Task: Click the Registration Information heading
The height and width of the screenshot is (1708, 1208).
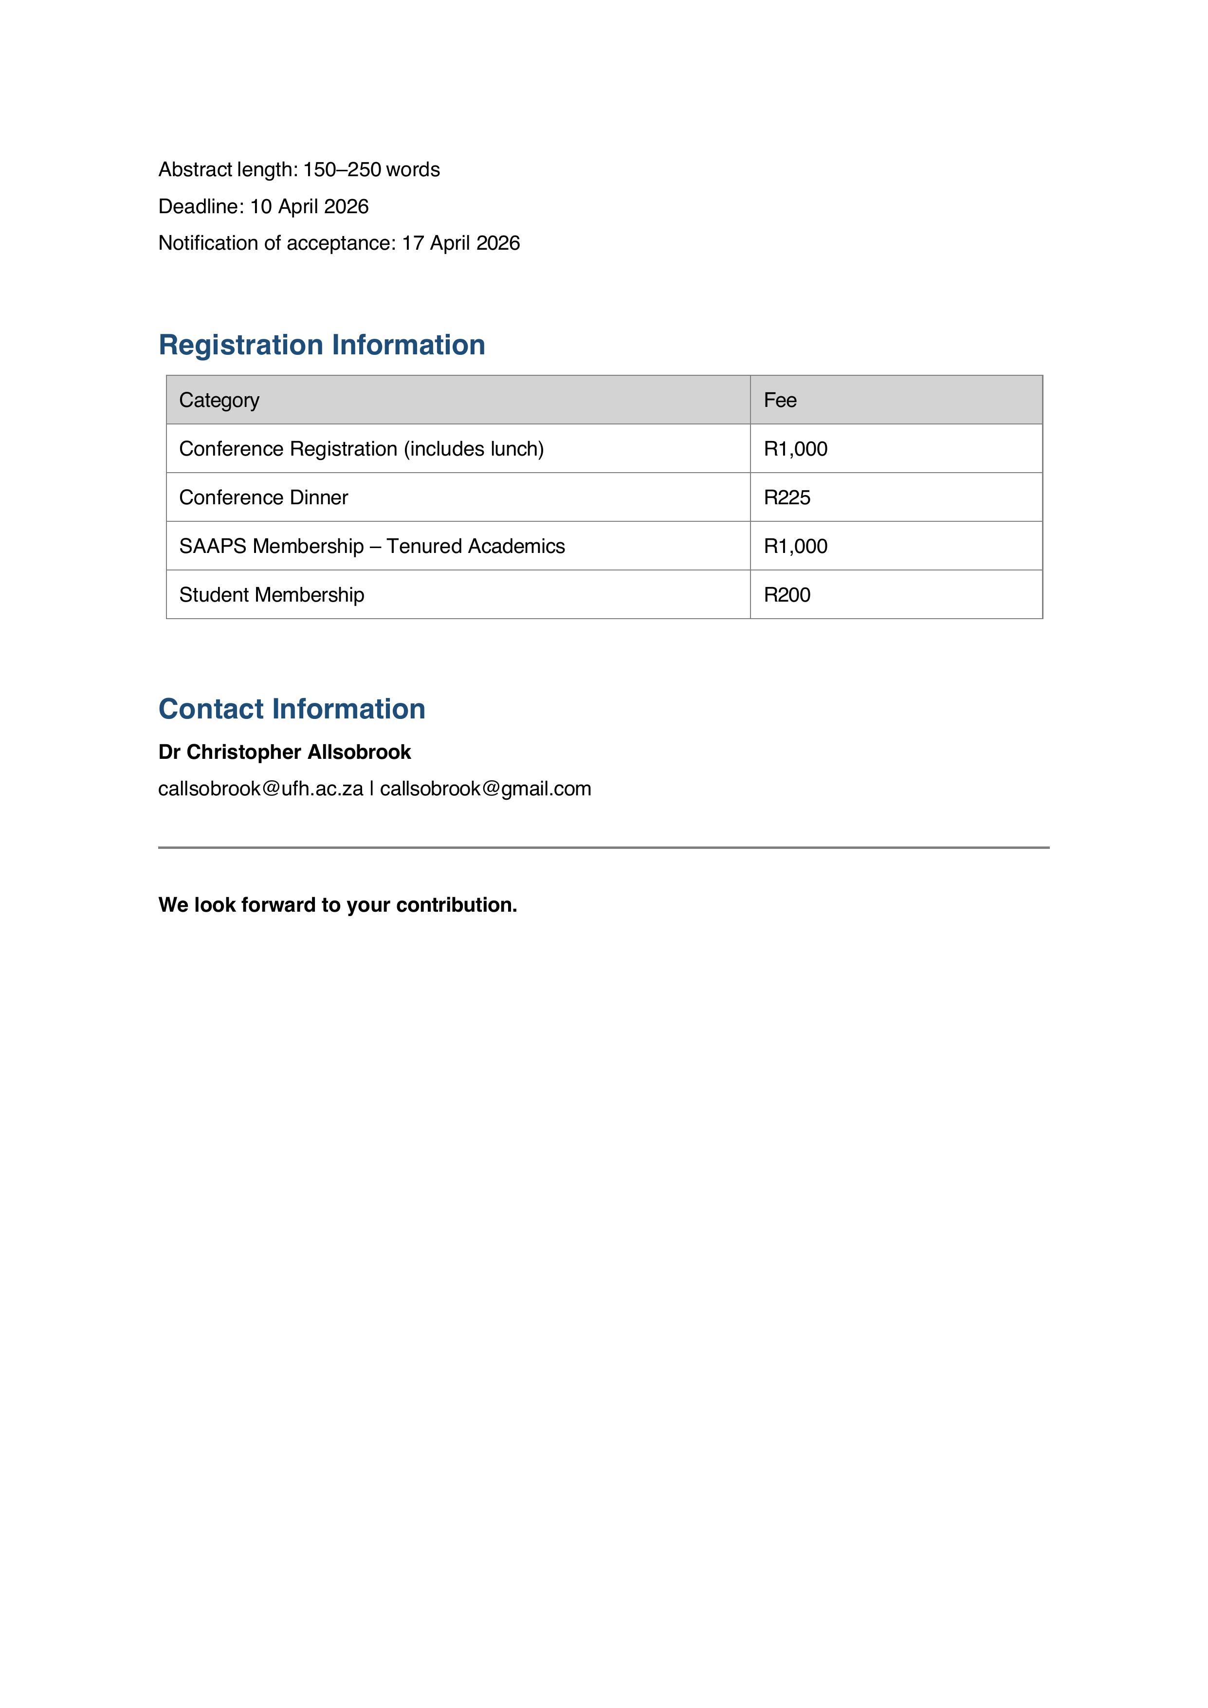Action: pos(321,345)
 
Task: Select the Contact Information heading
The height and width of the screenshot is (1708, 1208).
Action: pos(292,709)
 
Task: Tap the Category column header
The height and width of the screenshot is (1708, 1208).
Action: pos(220,400)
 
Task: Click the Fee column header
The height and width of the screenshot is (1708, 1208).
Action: pos(780,400)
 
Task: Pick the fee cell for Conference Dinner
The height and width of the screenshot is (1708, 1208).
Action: pos(787,497)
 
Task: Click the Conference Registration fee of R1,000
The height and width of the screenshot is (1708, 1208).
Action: pos(795,449)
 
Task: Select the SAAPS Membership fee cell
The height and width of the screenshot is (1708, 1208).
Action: pos(795,546)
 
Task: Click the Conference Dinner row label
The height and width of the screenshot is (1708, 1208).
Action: pos(263,497)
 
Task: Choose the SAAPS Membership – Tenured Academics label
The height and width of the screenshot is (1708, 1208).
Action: pos(372,546)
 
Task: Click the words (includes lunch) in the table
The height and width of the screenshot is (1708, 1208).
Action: pos(474,449)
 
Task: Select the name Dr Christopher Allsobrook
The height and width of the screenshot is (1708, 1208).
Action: pos(284,752)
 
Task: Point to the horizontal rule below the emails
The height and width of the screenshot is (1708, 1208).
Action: pos(603,847)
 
